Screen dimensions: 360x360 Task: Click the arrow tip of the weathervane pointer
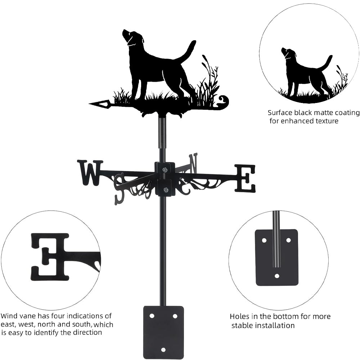(x=89, y=104)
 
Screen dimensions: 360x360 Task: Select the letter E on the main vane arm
(x=245, y=178)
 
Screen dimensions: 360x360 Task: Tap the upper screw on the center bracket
(x=165, y=170)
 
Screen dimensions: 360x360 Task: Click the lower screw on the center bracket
(x=165, y=190)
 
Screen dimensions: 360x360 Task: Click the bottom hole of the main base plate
(x=163, y=350)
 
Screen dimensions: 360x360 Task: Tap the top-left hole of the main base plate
(x=152, y=316)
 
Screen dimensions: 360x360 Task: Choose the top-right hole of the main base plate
(x=175, y=316)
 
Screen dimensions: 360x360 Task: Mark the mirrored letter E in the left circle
(x=50, y=257)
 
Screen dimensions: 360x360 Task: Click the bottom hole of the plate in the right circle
(x=277, y=276)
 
